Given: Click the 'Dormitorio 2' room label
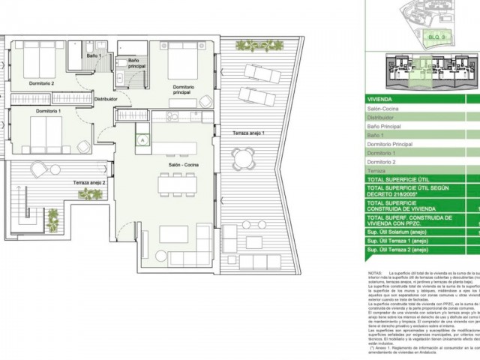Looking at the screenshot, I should (42, 82).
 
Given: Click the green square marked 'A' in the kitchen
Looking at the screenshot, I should (140, 139).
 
